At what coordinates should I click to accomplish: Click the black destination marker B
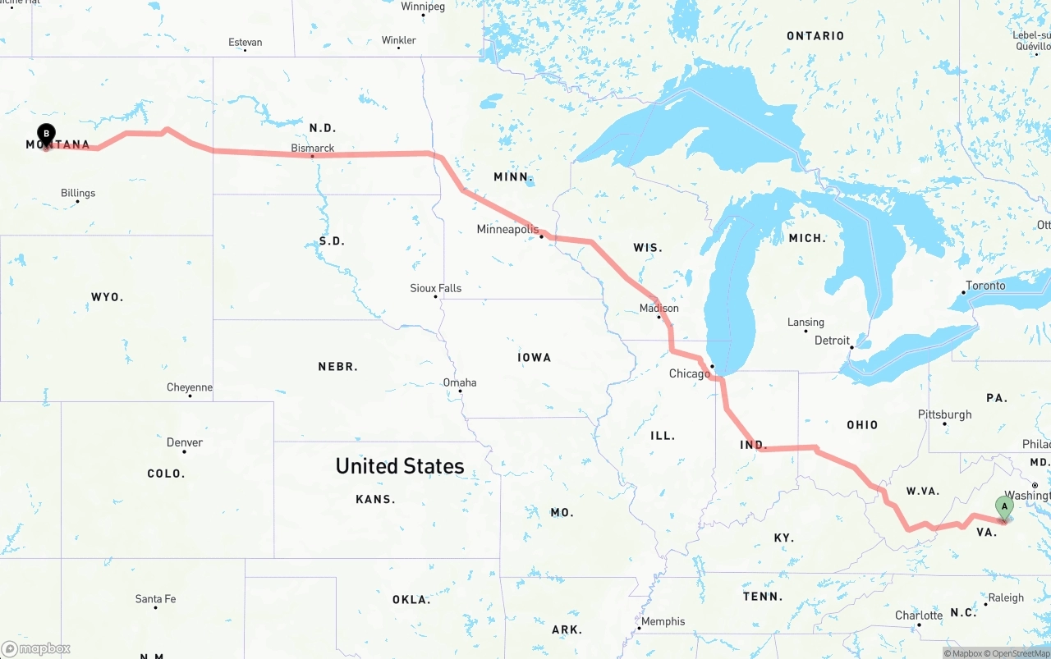(47, 134)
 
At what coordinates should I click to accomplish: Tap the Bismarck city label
(313, 149)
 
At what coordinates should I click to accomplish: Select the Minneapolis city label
(507, 230)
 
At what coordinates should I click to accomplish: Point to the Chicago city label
(689, 374)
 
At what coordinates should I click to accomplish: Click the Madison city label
(659, 309)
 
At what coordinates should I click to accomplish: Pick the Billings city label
(78, 194)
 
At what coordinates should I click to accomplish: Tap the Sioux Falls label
(436, 288)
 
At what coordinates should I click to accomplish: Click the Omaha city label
(460, 382)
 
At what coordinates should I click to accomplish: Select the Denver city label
(185, 442)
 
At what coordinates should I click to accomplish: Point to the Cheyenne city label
(190, 387)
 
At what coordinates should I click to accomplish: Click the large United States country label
(400, 466)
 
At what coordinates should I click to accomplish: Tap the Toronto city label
(985, 286)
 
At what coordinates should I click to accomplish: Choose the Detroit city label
(832, 341)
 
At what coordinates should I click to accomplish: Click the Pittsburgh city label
(944, 414)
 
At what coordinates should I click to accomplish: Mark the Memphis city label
(663, 621)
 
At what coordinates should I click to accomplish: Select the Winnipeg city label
(423, 7)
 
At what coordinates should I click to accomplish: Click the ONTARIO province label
(815, 36)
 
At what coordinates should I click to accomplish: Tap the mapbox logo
(36, 648)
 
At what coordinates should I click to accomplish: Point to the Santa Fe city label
(155, 599)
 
